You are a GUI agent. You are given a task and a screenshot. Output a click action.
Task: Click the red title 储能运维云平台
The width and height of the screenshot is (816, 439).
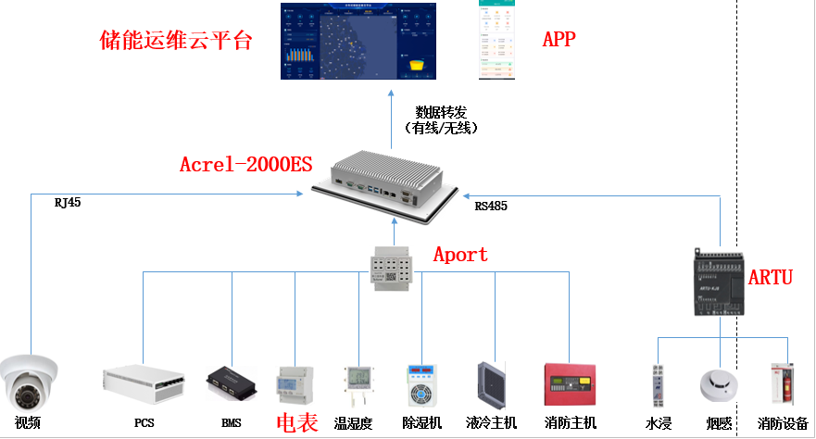(x=176, y=42)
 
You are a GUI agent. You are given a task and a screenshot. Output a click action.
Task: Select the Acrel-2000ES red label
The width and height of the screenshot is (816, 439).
(x=245, y=166)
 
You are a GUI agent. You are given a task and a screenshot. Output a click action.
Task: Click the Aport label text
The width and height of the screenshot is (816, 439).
(x=460, y=254)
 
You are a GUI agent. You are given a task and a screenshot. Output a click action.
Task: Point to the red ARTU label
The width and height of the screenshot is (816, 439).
(x=770, y=277)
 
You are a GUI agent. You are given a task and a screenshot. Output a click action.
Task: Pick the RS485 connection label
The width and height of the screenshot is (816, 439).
(x=491, y=206)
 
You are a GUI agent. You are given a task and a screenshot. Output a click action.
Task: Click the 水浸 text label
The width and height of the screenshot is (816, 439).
(x=658, y=423)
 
